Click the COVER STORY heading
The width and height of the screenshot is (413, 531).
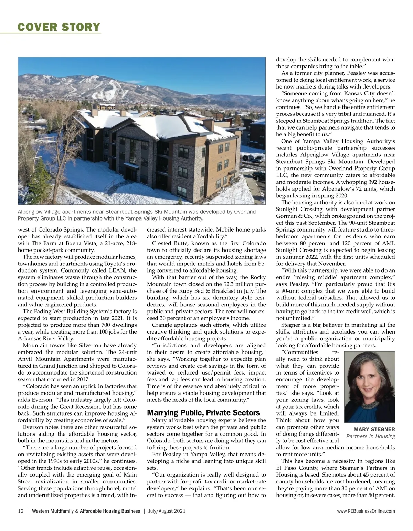tap(59, 27)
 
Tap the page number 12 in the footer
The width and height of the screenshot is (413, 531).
tap(21, 511)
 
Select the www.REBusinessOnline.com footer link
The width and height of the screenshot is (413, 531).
tap(366, 511)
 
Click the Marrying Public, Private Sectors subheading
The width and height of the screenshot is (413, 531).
tap(203, 412)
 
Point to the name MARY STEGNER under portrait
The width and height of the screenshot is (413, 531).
tap(374, 429)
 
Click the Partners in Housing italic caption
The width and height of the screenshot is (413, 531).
tap(371, 436)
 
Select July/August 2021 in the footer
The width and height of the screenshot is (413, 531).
tap(167, 511)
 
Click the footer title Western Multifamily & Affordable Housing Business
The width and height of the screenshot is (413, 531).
tap(86, 511)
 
